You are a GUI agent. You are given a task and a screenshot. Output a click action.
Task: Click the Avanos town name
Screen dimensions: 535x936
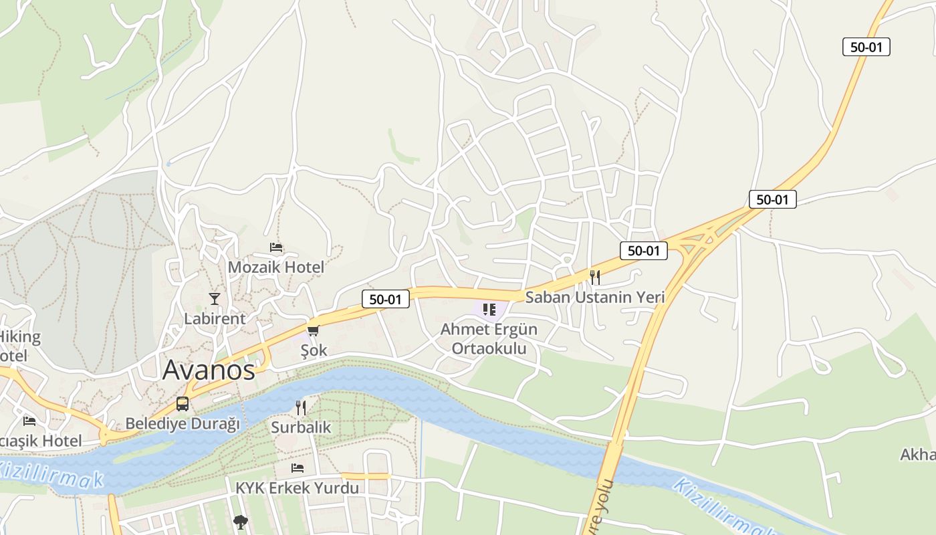[x=209, y=370]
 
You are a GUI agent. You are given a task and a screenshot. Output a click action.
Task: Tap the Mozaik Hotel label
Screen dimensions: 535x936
[x=275, y=267]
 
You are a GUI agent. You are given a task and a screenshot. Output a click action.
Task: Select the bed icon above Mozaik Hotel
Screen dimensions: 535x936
[x=276, y=247]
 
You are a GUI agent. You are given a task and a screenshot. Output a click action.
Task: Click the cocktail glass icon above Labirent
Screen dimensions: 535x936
[x=215, y=298]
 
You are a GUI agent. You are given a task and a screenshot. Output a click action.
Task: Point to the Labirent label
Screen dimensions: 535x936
[x=215, y=318]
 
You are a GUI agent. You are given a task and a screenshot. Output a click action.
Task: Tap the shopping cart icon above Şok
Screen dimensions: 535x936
[x=313, y=330]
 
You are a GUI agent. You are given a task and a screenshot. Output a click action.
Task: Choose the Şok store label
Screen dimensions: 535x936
[x=314, y=350]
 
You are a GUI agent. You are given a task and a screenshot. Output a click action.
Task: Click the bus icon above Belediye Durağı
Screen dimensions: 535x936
[x=182, y=404]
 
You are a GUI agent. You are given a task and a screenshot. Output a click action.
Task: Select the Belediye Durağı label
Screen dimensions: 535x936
[x=183, y=424]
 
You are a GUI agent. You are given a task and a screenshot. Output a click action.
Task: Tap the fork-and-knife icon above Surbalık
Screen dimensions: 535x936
[x=301, y=407]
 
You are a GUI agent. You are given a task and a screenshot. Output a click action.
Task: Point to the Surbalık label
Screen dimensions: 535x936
[x=301, y=427]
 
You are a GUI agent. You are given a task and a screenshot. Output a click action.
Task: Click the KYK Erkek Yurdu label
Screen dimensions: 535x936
[x=297, y=488]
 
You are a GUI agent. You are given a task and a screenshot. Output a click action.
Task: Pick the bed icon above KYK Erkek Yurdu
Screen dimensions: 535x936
[x=298, y=468]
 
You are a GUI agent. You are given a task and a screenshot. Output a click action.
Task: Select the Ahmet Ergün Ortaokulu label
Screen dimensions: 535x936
[x=489, y=339]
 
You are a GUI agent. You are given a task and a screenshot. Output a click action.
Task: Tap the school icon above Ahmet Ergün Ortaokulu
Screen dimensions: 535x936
[x=489, y=309]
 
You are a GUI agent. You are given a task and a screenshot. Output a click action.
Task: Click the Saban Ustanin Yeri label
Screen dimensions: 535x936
[x=595, y=297]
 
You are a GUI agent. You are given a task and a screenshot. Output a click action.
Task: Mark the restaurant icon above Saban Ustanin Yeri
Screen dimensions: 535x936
[x=595, y=277]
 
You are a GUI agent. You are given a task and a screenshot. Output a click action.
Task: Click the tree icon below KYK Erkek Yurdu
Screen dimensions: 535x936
[x=240, y=522]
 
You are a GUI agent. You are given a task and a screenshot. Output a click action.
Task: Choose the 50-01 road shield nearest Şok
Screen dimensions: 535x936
[x=386, y=299]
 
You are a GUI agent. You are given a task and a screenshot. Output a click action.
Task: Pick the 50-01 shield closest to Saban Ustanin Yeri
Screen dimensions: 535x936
[x=644, y=251]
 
